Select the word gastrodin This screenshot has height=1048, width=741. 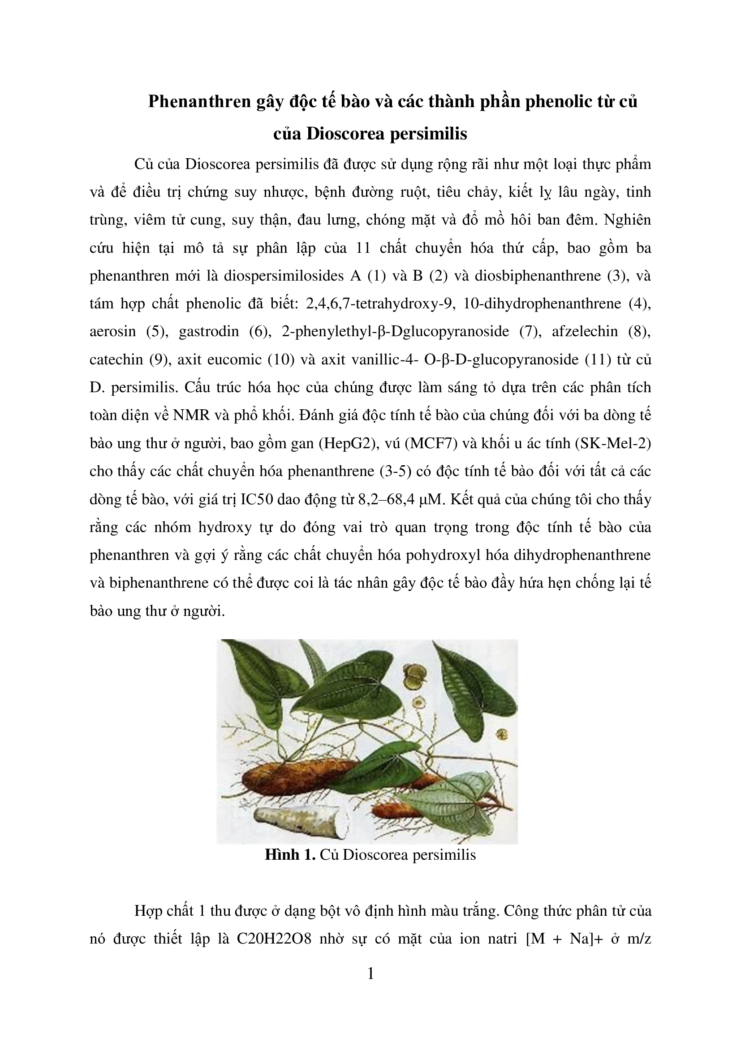point(209,331)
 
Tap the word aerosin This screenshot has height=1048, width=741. point(112,331)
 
